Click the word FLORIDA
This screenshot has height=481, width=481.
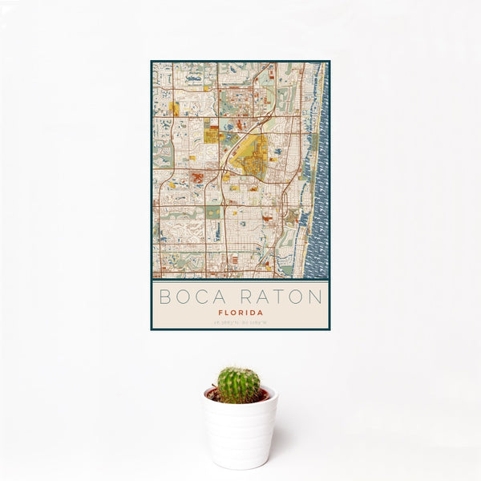[x=240, y=313]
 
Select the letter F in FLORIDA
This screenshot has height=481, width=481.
[x=220, y=313]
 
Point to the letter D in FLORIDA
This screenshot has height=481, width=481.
[x=253, y=313]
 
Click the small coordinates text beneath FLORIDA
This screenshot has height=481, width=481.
[x=240, y=323]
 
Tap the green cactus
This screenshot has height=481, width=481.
[x=239, y=384]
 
